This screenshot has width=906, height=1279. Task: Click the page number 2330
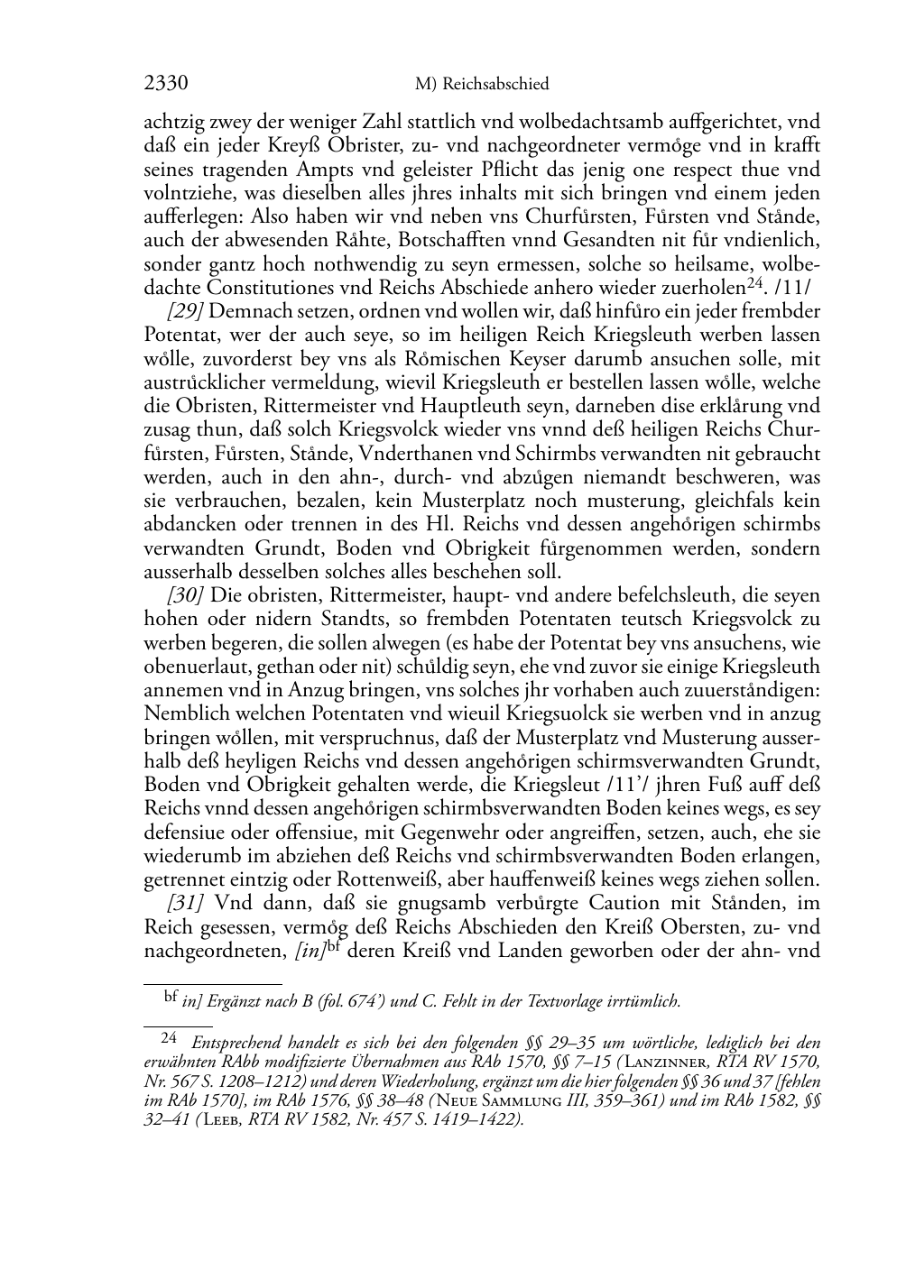(166, 84)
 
